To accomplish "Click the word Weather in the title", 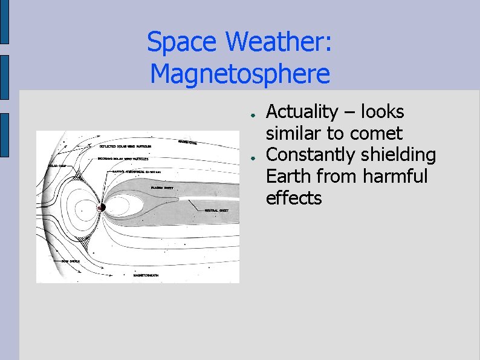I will (x=277, y=42).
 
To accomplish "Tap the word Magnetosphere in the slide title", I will (x=240, y=74).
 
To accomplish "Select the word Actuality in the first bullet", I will (x=302, y=113).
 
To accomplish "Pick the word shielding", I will (x=398, y=155).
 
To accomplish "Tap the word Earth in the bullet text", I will (x=287, y=177).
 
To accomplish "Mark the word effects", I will (x=294, y=198).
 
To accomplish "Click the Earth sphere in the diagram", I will (x=102, y=208).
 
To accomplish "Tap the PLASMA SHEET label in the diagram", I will (x=162, y=188).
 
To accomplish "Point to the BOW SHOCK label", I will (x=70, y=261).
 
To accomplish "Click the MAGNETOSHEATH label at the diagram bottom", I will (x=146, y=275).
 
